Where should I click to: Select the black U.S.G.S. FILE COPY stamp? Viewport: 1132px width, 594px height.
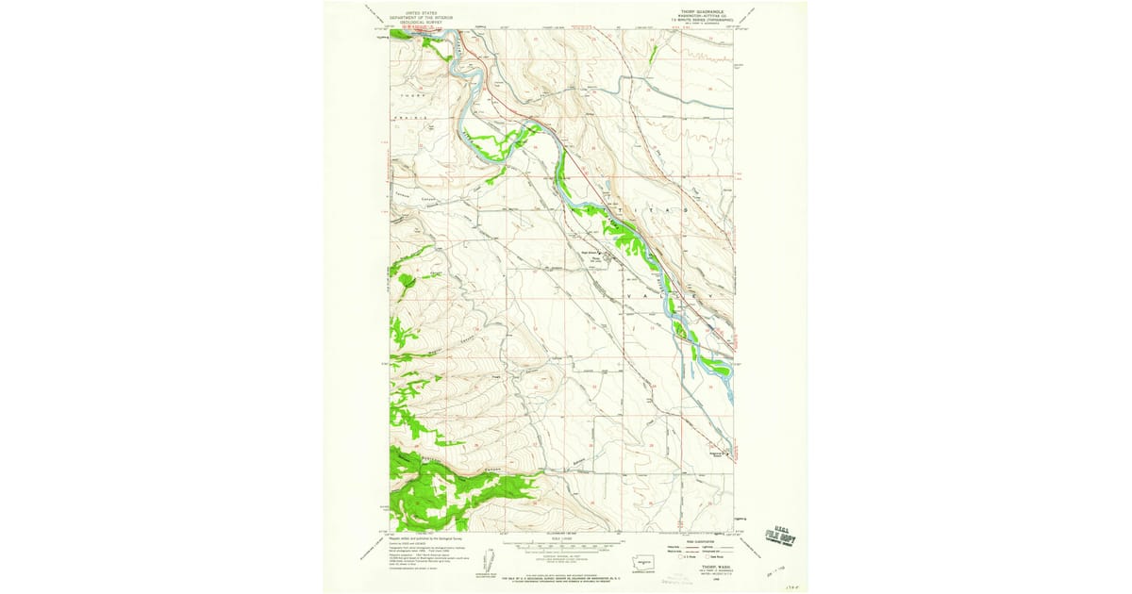coord(780,535)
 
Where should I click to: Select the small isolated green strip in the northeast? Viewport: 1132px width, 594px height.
coord(652,53)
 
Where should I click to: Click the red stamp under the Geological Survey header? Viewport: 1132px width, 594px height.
coord(416,28)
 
